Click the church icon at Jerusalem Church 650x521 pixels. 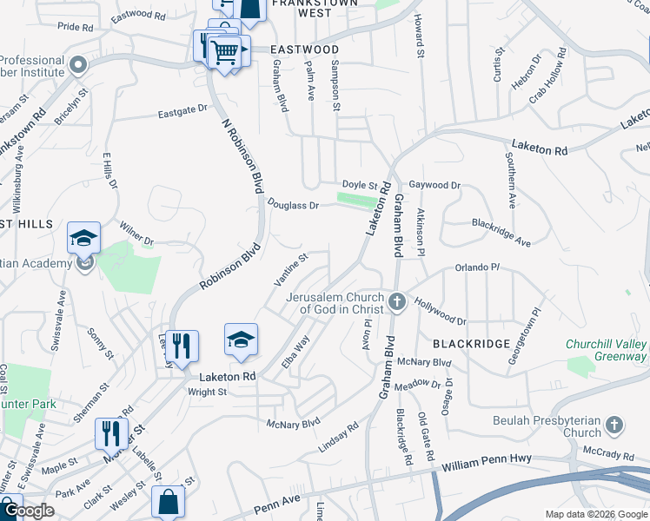click(x=397, y=302)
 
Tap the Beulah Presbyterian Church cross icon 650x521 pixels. click(x=614, y=425)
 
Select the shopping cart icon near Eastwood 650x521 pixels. click(x=225, y=51)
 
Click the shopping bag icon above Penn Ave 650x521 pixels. click(x=168, y=502)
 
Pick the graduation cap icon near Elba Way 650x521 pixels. click(x=241, y=340)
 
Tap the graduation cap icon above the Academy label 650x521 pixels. click(x=83, y=238)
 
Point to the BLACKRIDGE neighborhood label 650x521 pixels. click(x=470, y=344)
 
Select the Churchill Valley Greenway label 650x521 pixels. click(x=606, y=350)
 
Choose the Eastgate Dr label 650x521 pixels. click(x=183, y=111)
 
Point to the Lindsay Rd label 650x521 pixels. click(x=339, y=436)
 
